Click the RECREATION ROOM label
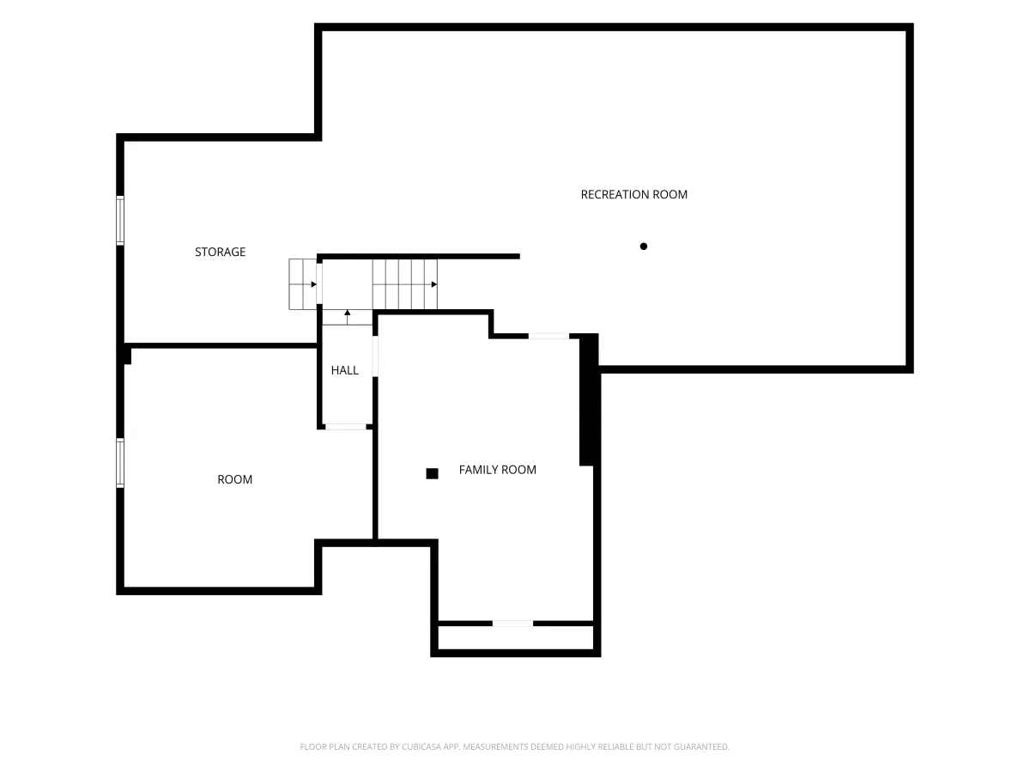pos(633,194)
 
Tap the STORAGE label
pos(220,252)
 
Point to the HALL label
pos(344,370)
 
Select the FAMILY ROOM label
pos(497,470)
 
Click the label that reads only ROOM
pos(234,479)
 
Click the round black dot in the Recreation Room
pos(644,247)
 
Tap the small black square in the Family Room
pos(432,473)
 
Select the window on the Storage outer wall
pos(120,220)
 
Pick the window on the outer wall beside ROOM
pos(120,463)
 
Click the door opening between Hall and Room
pos(345,427)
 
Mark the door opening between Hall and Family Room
pos(375,356)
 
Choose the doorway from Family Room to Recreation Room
pos(548,336)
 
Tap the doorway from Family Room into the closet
pos(512,624)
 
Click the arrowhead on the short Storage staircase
pos(313,284)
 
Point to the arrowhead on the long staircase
pos(434,284)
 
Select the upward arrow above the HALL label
pos(348,317)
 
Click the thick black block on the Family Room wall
pos(589,400)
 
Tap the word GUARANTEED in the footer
pos(701,746)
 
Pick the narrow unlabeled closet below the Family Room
pos(515,638)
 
